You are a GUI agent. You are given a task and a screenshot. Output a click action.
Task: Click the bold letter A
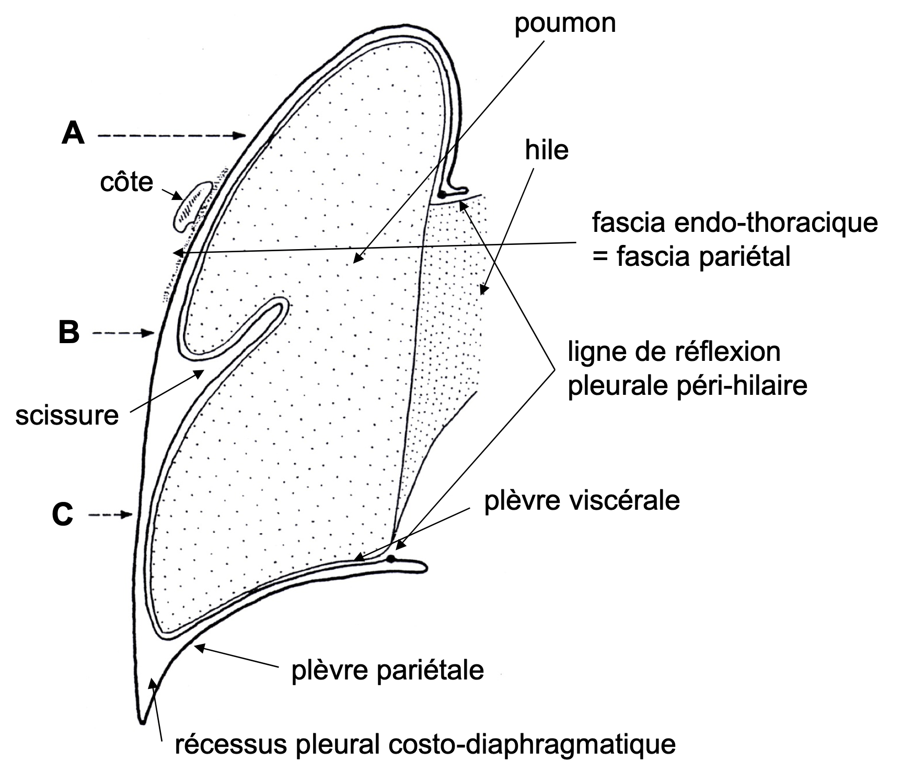73,134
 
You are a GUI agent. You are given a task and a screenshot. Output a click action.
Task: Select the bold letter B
68,332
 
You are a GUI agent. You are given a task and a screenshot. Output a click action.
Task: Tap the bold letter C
63,515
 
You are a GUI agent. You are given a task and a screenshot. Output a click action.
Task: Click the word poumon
565,24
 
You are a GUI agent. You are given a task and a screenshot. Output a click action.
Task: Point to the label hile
547,150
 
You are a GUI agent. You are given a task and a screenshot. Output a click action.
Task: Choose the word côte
127,182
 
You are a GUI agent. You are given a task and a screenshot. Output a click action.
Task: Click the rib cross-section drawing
191,206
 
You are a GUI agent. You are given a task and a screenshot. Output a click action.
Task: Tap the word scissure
67,416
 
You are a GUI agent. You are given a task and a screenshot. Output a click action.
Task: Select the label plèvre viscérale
582,500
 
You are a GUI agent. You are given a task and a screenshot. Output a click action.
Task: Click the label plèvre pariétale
387,670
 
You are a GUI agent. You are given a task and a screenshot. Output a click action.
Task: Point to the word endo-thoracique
776,223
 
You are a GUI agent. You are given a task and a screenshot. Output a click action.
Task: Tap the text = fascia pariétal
691,257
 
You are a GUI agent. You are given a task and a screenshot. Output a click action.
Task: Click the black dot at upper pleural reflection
442,195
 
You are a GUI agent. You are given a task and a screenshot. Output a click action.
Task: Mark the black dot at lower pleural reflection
390,559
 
